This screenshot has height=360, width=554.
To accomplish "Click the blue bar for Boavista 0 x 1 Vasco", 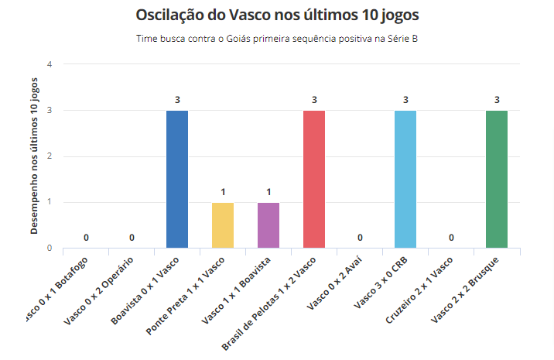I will pos(177,179).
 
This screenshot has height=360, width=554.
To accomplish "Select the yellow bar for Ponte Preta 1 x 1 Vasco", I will pos(223,225).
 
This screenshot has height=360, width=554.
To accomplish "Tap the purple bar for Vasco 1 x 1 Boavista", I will pos(268,225).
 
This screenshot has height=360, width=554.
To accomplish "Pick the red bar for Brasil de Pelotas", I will pos(314,179).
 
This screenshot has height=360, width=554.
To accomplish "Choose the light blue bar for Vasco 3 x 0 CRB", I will pos(405,179).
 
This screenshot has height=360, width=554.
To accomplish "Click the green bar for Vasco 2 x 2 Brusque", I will pos(497,179).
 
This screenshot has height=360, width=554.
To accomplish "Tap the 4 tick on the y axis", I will pos(50,64).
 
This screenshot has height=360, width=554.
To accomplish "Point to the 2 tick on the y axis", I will pos(50,156).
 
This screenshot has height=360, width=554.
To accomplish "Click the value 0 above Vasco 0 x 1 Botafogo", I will pos(86,238).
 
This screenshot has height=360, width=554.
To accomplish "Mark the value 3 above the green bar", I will pos(497,100).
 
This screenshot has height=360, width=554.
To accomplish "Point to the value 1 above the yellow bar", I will pos(223,192).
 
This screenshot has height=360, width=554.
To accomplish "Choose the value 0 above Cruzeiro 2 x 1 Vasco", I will pos(451,238).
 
